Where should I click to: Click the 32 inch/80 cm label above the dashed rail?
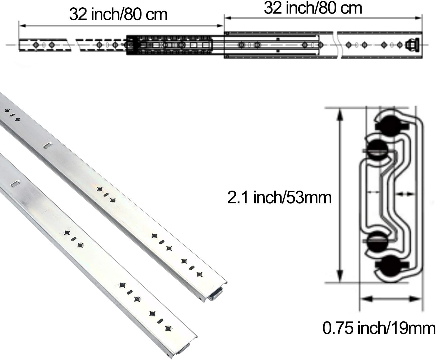[x=118, y=14]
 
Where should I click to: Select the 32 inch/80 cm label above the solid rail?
[x=313, y=8]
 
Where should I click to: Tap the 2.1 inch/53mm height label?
[x=279, y=197]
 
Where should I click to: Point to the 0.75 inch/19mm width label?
[x=379, y=328]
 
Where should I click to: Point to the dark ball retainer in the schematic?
[x=169, y=45]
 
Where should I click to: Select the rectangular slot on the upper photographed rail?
[x=48, y=145]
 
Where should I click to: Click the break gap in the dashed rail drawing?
[x=74, y=45]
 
